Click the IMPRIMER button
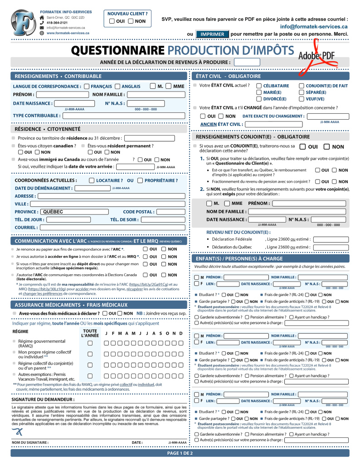[212, 34]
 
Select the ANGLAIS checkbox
[117, 86]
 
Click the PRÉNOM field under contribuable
[63, 95]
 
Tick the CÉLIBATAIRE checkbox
[259, 86]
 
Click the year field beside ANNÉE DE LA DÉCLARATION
[247, 63]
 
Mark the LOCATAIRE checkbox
[92, 180]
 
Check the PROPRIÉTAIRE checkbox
[140, 180]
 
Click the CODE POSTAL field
[171, 212]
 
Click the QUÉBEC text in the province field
[53, 212]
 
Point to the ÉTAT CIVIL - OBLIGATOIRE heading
[228, 76]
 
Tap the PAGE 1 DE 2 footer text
[180, 453]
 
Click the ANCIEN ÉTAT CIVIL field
[273, 124]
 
